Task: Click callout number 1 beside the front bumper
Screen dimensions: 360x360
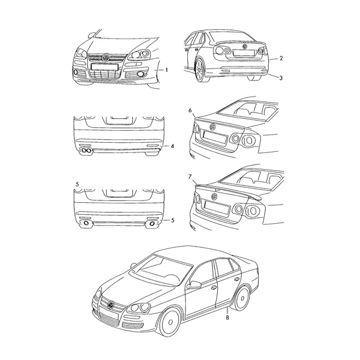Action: (x=167, y=70)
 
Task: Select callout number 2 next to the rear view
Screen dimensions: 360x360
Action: (x=281, y=58)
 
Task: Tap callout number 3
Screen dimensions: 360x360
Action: (x=281, y=78)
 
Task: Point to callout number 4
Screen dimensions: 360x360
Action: (x=172, y=146)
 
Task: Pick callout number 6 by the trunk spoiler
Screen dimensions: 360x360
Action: (x=190, y=110)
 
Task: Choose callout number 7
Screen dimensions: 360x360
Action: (x=190, y=176)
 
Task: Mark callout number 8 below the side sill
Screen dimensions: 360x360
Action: (x=227, y=317)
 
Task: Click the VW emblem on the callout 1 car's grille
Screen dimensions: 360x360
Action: (x=106, y=58)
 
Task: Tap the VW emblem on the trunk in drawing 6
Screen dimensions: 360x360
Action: (x=212, y=127)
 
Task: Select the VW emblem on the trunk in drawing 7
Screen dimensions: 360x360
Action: (x=214, y=196)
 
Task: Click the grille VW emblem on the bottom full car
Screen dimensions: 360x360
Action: (x=111, y=305)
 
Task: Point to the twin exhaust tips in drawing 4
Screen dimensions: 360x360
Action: (x=86, y=151)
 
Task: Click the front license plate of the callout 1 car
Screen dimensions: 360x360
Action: (x=104, y=67)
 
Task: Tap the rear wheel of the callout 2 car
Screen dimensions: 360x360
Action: (x=200, y=70)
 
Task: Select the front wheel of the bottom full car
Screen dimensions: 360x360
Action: (x=170, y=322)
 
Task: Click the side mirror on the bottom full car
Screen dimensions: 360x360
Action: (x=194, y=285)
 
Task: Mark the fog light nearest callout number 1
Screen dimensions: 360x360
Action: (x=140, y=74)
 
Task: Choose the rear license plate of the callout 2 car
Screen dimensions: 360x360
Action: (x=244, y=53)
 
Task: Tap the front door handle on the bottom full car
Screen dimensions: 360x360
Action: (x=213, y=287)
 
